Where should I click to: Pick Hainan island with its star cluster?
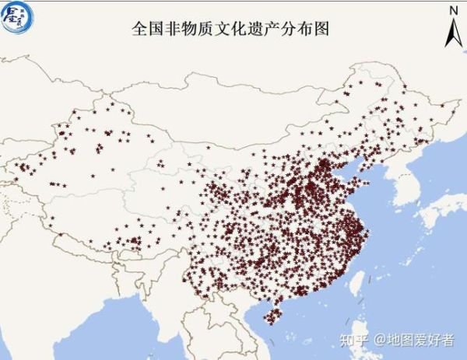coord(272,315)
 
